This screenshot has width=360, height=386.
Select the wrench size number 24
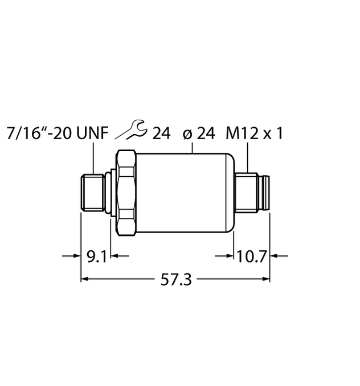point(161,134)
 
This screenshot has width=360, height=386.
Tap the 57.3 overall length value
point(175,279)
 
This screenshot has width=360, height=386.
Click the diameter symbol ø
point(186,135)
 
